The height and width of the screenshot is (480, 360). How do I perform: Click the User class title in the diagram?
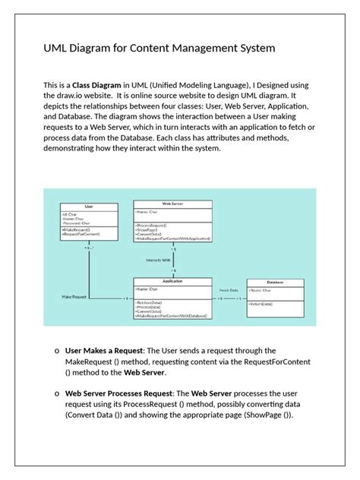[89, 206]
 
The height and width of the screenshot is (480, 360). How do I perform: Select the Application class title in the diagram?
[172, 281]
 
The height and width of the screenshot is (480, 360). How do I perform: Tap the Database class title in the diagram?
[276, 282]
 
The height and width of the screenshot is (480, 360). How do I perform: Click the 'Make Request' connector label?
[76, 297]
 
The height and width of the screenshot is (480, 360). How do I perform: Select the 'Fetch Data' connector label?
[229, 290]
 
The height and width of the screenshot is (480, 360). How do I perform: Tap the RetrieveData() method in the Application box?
[149, 302]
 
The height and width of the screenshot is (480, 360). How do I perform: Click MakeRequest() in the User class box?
[76, 229]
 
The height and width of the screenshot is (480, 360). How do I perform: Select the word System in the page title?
[254, 49]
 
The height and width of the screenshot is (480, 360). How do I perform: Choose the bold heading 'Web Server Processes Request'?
[126, 394]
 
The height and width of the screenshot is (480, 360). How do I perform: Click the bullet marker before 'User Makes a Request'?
[57, 351]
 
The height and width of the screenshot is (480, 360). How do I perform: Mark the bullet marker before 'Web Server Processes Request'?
[57, 395]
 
